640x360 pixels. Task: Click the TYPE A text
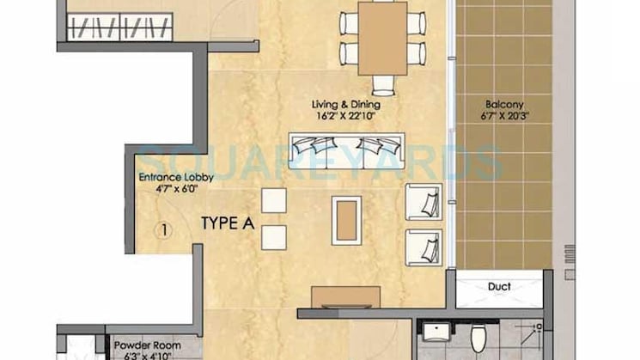227,224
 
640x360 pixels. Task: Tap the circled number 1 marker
161,229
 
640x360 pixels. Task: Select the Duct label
499,287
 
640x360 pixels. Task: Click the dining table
382,38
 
